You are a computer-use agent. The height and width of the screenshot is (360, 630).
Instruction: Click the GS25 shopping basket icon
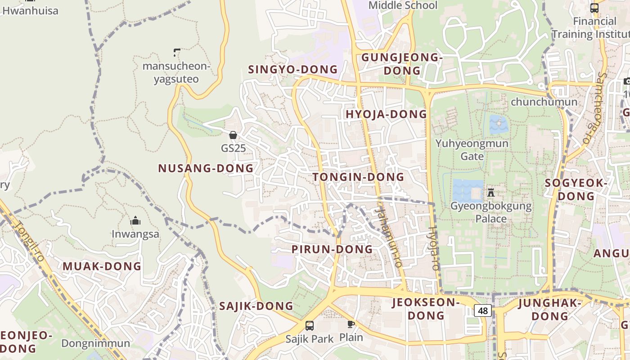[x=233, y=135]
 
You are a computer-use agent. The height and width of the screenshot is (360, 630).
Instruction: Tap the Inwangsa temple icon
[x=135, y=220]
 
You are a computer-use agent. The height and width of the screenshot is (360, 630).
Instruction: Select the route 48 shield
[x=483, y=310]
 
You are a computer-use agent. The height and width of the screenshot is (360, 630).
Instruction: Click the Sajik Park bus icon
[x=310, y=325]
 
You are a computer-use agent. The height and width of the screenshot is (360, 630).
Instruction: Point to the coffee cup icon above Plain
[x=351, y=324]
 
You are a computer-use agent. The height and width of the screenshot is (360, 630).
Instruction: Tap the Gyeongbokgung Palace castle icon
[x=491, y=193]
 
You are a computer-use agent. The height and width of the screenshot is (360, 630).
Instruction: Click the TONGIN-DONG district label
[x=358, y=177]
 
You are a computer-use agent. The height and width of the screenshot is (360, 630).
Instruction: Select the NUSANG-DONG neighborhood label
[x=206, y=168]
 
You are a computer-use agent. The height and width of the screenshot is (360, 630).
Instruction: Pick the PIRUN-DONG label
[x=332, y=249]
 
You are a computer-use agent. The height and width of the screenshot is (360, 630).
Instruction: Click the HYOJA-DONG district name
[x=386, y=114]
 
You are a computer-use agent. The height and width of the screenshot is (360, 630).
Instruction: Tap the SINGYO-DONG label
[x=292, y=69]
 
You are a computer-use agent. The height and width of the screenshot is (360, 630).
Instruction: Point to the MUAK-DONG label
[x=102, y=266]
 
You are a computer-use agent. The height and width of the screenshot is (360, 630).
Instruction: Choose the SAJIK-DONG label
[x=256, y=306]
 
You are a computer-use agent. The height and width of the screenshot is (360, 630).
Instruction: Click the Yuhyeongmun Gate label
[x=472, y=150]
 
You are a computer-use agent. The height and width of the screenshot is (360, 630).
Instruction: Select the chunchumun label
[x=544, y=102]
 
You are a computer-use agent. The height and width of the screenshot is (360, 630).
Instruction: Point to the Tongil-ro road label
[x=28, y=241]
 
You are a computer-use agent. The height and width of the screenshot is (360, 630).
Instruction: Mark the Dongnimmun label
[x=95, y=344]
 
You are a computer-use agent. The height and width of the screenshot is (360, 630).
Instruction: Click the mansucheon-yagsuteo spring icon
[x=177, y=53]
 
